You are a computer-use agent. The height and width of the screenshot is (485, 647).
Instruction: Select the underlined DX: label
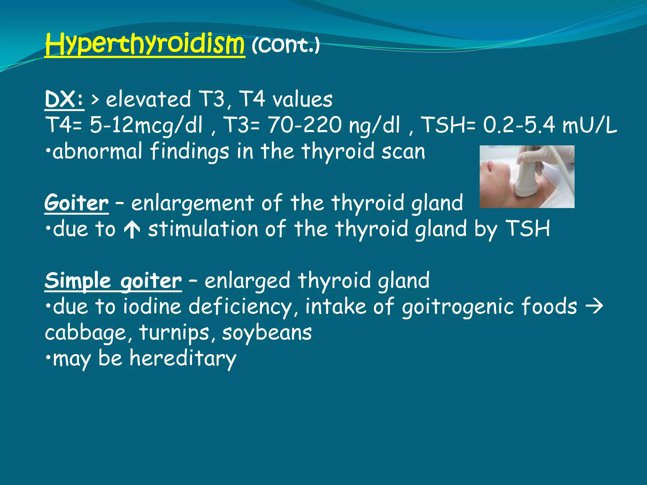pyautogui.click(x=64, y=99)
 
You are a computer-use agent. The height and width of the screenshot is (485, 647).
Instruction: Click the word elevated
pyautogui.click(x=148, y=99)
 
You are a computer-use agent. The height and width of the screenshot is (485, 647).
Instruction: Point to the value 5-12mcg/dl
pyautogui.click(x=146, y=125)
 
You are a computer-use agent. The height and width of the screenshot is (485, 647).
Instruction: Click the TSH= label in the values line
pyautogui.click(x=449, y=125)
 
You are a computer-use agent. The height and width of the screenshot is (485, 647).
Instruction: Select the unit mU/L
pyautogui.click(x=590, y=125)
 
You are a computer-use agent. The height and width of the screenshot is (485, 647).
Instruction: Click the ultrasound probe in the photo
pyautogui.click(x=526, y=177)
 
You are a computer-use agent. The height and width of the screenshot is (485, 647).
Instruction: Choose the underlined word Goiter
pyautogui.click(x=76, y=203)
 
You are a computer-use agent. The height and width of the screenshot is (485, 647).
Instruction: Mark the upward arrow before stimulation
pyautogui.click(x=132, y=230)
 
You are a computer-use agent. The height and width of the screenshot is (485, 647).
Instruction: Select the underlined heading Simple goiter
pyautogui.click(x=113, y=281)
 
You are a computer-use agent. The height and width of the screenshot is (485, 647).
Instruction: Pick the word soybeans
pyautogui.click(x=267, y=333)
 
